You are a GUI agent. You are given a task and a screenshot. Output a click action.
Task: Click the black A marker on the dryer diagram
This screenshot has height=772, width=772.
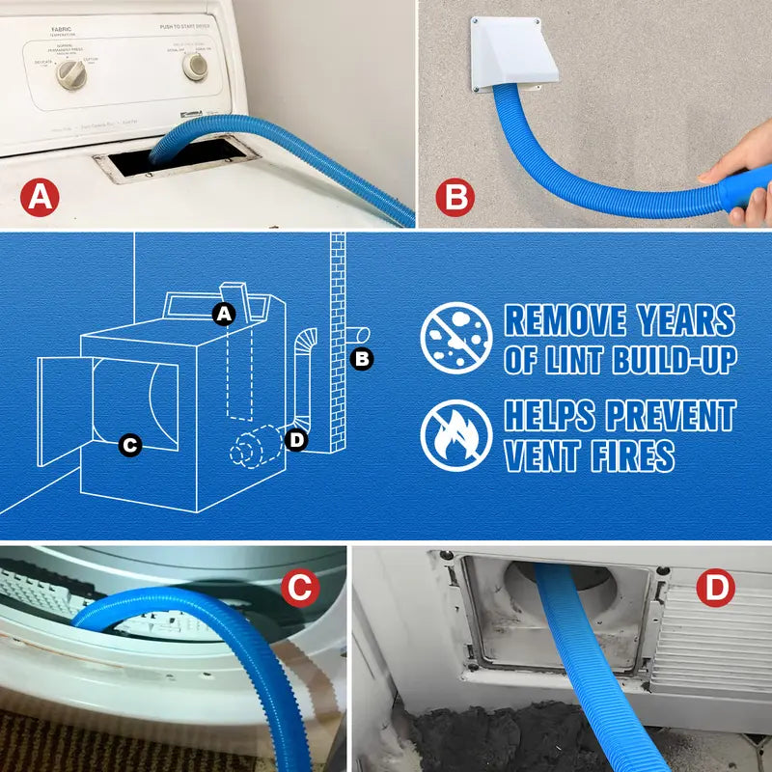[x=224, y=314]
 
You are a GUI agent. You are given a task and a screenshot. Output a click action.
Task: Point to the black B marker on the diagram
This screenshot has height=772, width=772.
[x=362, y=359]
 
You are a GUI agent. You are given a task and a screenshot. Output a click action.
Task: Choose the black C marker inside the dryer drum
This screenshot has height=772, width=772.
[x=130, y=445]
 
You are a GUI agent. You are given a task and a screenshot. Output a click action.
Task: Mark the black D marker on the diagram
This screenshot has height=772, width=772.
[x=296, y=440]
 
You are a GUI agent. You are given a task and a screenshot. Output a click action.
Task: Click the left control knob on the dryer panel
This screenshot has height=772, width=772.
[x=70, y=74]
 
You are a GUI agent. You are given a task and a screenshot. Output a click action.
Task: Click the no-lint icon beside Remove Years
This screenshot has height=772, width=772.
[x=456, y=339]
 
